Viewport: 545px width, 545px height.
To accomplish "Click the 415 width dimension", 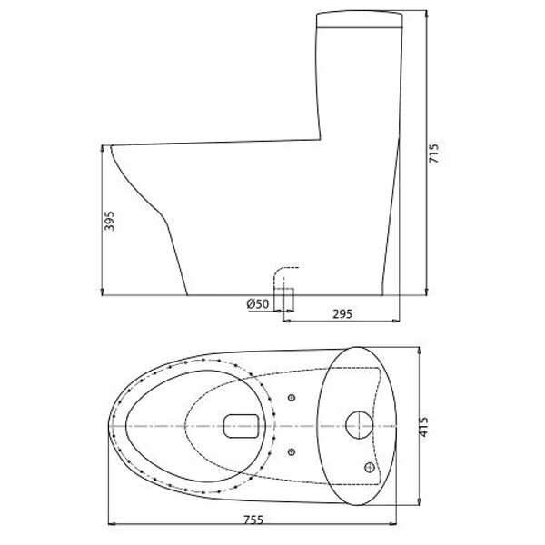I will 433,425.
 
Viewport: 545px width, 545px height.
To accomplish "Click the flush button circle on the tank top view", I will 358,424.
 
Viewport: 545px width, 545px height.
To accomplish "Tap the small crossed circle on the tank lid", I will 370,467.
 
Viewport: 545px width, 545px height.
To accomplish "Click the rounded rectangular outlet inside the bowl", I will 242,424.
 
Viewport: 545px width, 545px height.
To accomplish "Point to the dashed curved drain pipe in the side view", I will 283,272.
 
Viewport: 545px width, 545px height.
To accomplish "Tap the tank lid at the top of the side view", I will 359,17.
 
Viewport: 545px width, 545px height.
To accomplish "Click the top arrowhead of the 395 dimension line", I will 101,148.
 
